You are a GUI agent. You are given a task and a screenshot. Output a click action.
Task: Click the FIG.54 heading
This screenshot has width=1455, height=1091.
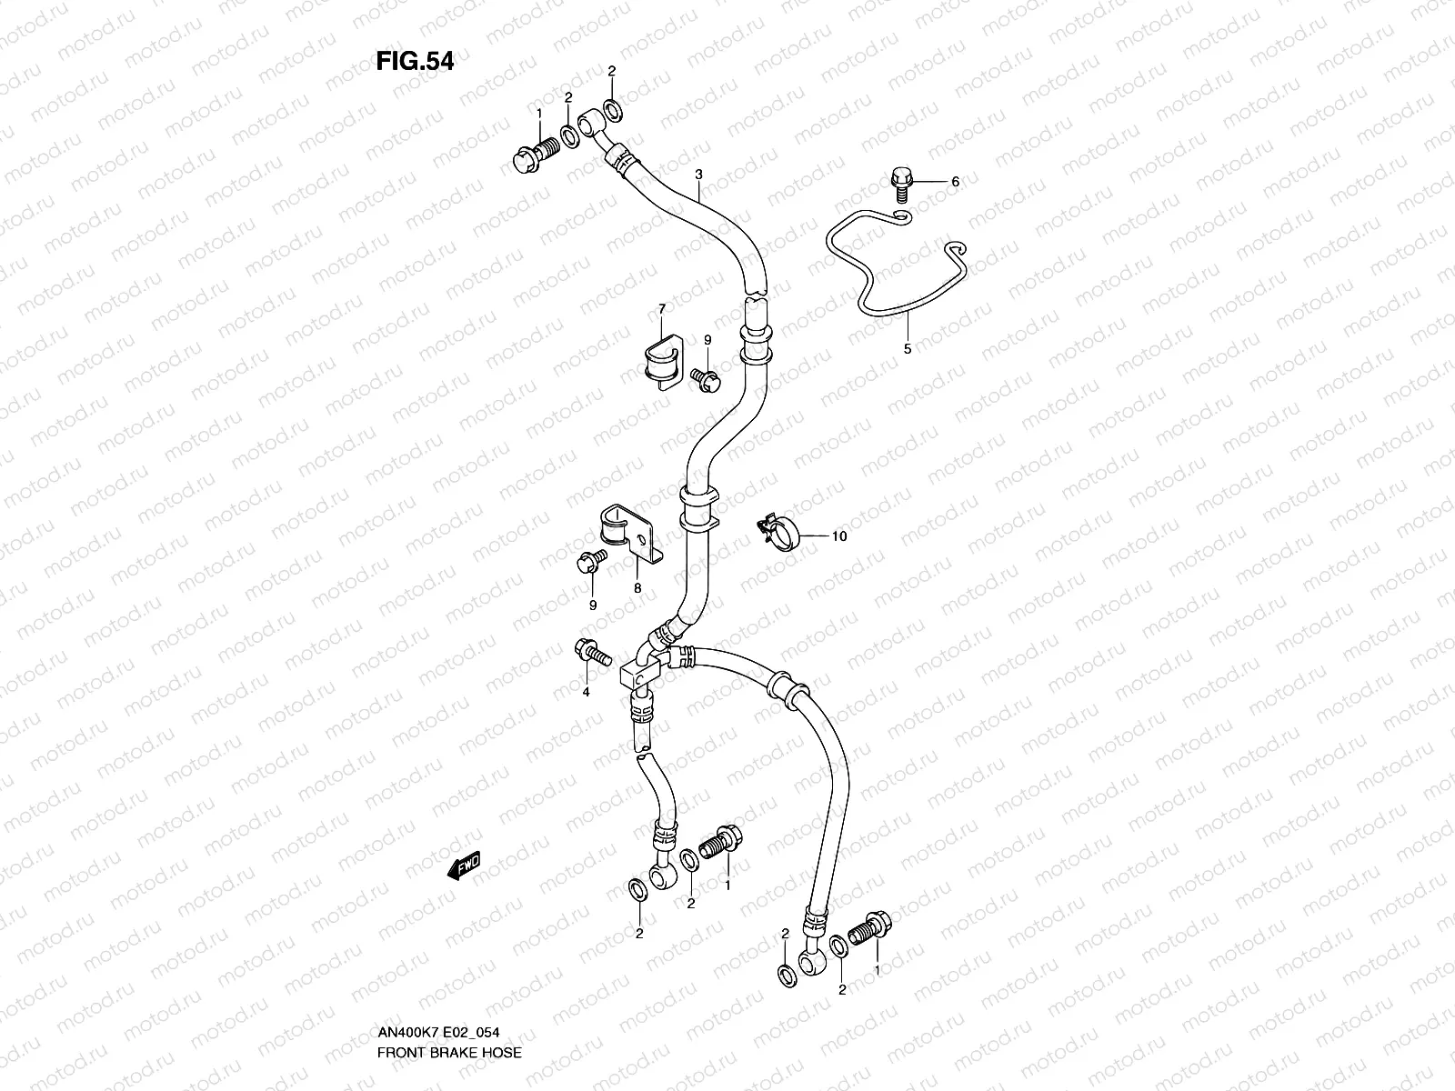415,61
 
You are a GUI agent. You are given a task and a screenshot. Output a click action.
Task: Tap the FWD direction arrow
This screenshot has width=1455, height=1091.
464,866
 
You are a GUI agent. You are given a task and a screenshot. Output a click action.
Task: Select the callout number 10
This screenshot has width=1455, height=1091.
838,536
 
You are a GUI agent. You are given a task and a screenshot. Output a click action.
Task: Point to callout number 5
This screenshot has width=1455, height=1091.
907,348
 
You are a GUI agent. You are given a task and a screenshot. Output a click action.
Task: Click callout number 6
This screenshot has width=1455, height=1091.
955,182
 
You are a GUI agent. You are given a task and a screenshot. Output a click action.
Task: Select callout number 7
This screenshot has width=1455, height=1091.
662,310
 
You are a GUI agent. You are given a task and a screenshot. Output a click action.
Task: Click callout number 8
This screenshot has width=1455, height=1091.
637,588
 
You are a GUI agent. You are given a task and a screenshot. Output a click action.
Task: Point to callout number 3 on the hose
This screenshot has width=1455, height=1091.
699,173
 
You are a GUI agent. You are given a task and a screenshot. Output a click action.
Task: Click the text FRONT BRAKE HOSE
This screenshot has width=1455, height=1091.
450,1053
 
